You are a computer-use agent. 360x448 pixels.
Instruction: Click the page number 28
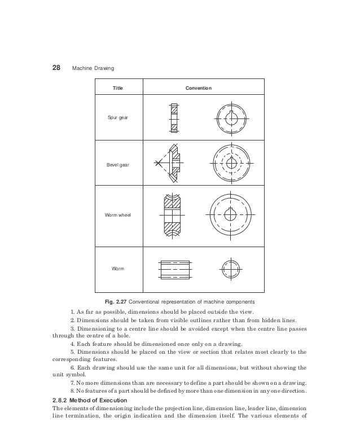[x=56, y=68]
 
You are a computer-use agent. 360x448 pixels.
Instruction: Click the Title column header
[x=117, y=88]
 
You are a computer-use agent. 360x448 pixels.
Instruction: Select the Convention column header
[x=199, y=88]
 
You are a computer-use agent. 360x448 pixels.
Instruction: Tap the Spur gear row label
[x=118, y=118]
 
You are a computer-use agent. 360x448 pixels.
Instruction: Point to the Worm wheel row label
[x=118, y=215]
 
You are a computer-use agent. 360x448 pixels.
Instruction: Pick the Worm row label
[x=118, y=268]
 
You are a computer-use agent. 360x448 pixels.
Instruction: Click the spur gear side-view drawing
[x=174, y=118]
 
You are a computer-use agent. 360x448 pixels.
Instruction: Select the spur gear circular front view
[x=231, y=119]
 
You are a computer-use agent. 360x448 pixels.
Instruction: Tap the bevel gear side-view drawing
[x=170, y=163]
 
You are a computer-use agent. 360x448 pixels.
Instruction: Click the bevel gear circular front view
[x=231, y=163]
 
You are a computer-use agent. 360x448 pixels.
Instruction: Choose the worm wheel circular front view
[x=231, y=215]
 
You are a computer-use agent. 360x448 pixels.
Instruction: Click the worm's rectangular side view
[x=174, y=268]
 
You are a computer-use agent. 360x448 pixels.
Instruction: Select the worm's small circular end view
[x=231, y=268]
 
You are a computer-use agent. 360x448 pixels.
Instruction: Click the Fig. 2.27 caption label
[x=126, y=301]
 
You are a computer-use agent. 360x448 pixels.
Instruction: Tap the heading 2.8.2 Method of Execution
[x=88, y=400]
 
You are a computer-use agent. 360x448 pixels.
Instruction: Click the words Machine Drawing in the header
[x=93, y=69]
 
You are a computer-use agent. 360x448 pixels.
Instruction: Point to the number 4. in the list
[x=73, y=343]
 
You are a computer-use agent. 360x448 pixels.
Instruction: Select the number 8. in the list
[x=73, y=391]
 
